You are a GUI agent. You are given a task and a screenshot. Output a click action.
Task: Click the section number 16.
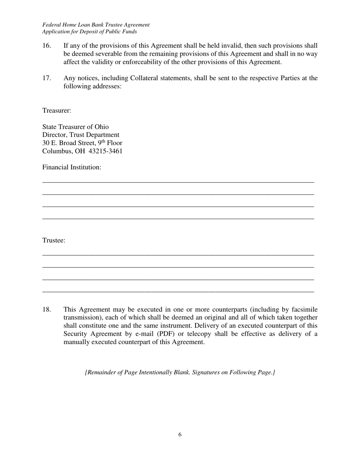(47, 46)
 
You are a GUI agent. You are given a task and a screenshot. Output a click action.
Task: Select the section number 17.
(47, 78)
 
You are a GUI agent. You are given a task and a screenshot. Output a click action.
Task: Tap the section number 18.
(47, 310)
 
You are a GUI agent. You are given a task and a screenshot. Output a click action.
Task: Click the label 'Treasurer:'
(57, 111)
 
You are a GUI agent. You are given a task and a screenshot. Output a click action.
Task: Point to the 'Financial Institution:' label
(72, 167)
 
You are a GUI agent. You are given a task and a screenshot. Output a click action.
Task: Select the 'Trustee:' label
(54, 241)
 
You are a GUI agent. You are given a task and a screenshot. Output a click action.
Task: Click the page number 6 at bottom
(180, 435)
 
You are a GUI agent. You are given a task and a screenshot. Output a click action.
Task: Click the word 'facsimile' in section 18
(304, 310)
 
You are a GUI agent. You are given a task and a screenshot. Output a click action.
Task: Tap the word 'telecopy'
(247, 334)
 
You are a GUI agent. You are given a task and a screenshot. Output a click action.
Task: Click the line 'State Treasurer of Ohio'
(75, 127)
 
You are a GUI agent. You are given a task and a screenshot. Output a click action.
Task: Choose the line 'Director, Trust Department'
(81, 135)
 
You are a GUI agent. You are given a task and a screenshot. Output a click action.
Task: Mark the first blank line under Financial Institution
(178, 182)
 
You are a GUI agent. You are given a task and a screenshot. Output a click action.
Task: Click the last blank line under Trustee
(178, 292)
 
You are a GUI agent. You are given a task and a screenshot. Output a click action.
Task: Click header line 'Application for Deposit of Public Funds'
(89, 32)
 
